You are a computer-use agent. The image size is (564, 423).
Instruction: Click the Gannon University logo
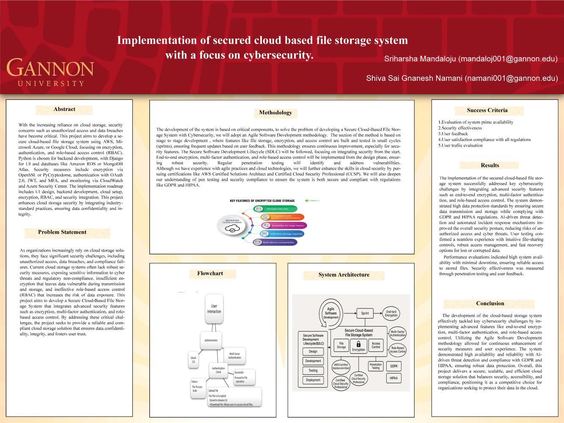[x=50, y=72]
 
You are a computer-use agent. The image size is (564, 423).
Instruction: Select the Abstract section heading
[x=64, y=109]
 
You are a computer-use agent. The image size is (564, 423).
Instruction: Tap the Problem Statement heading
[x=62, y=232]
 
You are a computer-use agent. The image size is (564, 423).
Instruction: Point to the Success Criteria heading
[x=487, y=111]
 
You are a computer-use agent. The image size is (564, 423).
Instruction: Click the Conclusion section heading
[x=490, y=304]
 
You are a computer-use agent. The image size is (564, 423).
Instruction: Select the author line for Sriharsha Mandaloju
[x=470, y=59]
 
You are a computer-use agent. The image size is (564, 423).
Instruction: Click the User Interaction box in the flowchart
[x=214, y=309]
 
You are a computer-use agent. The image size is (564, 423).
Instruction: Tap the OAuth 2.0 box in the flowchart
[x=193, y=359]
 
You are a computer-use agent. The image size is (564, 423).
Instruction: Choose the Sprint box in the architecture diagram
[x=365, y=313]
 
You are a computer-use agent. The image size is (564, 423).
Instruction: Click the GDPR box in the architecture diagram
[x=393, y=366]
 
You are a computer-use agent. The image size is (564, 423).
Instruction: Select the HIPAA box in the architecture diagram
[x=393, y=378]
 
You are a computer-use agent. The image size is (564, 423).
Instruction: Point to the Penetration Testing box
[x=375, y=366]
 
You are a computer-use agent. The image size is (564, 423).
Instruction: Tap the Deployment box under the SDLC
[x=313, y=380]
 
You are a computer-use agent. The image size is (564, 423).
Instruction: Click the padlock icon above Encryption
[x=358, y=343]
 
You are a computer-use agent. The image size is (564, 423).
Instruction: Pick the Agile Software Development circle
[x=331, y=313]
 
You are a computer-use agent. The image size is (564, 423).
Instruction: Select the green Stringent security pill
[x=275, y=209]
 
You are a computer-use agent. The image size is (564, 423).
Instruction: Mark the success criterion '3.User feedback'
[x=453, y=134]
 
